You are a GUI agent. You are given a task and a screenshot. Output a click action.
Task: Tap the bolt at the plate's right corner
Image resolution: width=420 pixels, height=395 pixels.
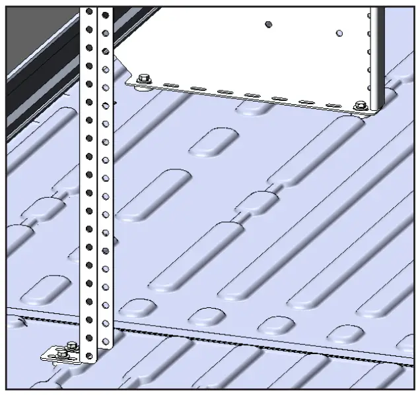point(360,106)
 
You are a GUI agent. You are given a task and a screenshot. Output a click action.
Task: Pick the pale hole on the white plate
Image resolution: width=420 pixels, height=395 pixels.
point(339,32)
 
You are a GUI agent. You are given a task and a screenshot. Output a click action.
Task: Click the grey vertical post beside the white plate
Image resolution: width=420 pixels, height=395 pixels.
point(376,53)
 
